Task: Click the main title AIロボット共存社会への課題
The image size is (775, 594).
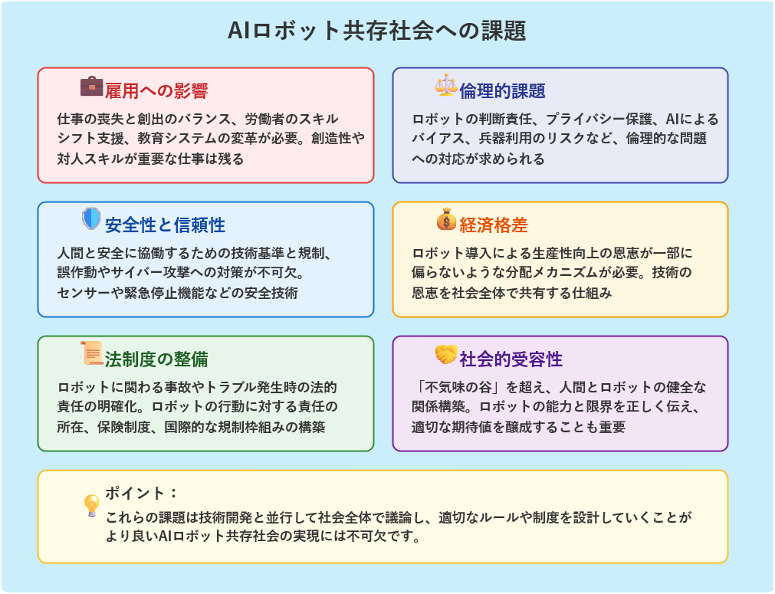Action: click(376, 31)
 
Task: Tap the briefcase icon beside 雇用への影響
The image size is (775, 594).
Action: click(91, 86)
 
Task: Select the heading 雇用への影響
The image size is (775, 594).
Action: click(156, 91)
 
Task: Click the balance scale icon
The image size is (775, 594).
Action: click(446, 86)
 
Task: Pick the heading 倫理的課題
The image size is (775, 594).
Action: click(502, 91)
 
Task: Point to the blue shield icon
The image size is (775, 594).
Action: click(91, 219)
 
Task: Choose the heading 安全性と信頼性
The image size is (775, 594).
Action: click(165, 225)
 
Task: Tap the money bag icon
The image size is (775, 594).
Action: click(446, 219)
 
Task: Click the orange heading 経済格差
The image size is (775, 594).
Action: click(493, 225)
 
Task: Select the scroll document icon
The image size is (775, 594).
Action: click(91, 353)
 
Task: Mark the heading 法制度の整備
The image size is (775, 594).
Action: click(156, 359)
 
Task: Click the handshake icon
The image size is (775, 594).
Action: click(446, 354)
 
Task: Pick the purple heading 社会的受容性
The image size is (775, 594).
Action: click(511, 359)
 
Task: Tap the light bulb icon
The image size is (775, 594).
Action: click(91, 505)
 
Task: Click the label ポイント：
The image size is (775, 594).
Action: click(141, 493)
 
